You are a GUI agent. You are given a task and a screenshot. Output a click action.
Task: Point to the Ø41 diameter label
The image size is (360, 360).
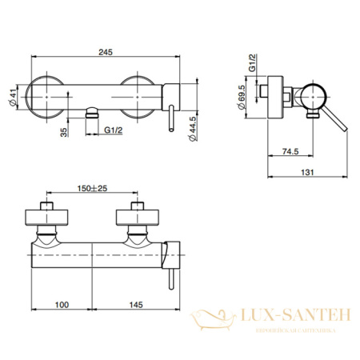point(22,95)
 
